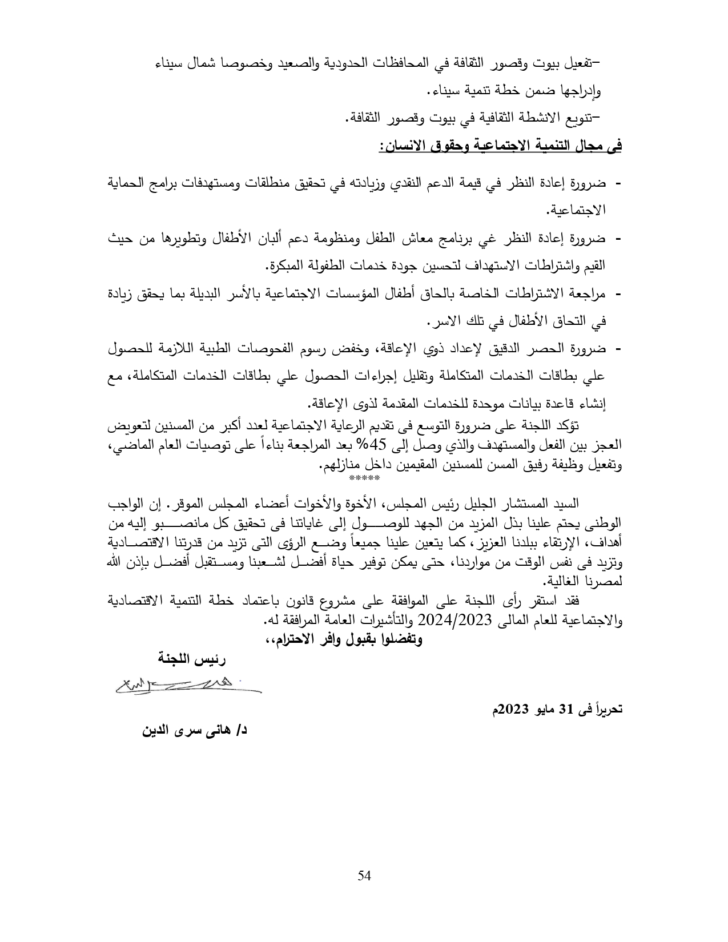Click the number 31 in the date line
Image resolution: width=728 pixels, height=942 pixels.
coord(565,711)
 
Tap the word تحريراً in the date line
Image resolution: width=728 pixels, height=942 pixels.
coord(606,711)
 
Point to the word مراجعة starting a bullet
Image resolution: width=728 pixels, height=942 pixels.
coord(589,293)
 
